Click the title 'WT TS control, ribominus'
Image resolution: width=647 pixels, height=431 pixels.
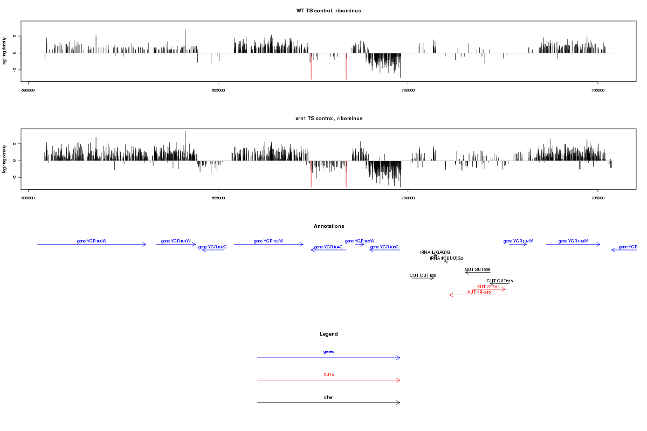pos(328,11)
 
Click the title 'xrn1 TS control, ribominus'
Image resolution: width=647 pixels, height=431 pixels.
pos(328,119)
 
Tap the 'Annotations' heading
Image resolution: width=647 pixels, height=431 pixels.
pos(328,226)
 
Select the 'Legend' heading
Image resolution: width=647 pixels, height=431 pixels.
pos(328,334)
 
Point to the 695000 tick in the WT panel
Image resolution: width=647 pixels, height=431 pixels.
pos(218,91)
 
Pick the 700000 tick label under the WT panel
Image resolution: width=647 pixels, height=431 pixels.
pos(408,91)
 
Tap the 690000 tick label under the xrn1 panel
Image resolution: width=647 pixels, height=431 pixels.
pos(28,198)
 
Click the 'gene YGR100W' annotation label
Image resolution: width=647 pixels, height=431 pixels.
pos(92,241)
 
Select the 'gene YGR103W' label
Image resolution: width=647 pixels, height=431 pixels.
pos(269,241)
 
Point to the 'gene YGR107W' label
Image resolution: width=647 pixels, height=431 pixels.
pos(518,241)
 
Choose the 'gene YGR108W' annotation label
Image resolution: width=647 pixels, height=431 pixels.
pos(573,241)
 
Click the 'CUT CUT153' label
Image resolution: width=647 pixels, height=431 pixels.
pos(423,275)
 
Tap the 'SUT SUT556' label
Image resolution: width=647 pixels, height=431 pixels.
pos(477,269)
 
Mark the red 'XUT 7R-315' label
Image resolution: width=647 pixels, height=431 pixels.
pos(479,292)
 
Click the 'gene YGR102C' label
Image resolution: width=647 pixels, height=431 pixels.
pos(212,247)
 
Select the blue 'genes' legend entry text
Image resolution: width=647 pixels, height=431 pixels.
pos(328,352)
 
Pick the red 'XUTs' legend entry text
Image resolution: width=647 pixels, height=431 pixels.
pos(328,374)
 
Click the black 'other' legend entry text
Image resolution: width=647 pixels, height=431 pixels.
pos(328,397)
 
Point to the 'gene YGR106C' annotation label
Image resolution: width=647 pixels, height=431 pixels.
pos(384,247)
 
